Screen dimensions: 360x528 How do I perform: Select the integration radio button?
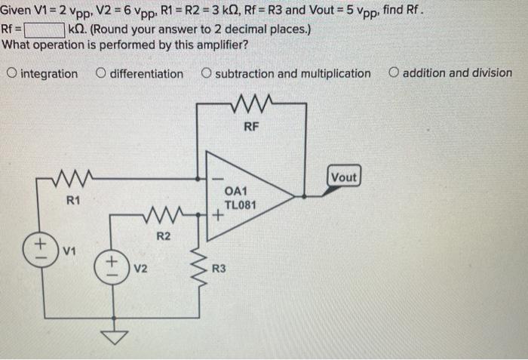(11, 74)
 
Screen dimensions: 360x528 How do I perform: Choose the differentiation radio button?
(101, 74)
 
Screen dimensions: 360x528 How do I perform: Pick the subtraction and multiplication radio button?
(206, 74)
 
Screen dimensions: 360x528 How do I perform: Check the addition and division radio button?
(394, 74)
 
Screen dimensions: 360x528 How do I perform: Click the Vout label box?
(343, 177)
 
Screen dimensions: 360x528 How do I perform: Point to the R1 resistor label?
(72, 201)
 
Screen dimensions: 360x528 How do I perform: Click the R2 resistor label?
(163, 237)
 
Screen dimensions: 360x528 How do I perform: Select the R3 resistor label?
(218, 268)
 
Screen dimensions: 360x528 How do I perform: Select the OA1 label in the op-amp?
(241, 191)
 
